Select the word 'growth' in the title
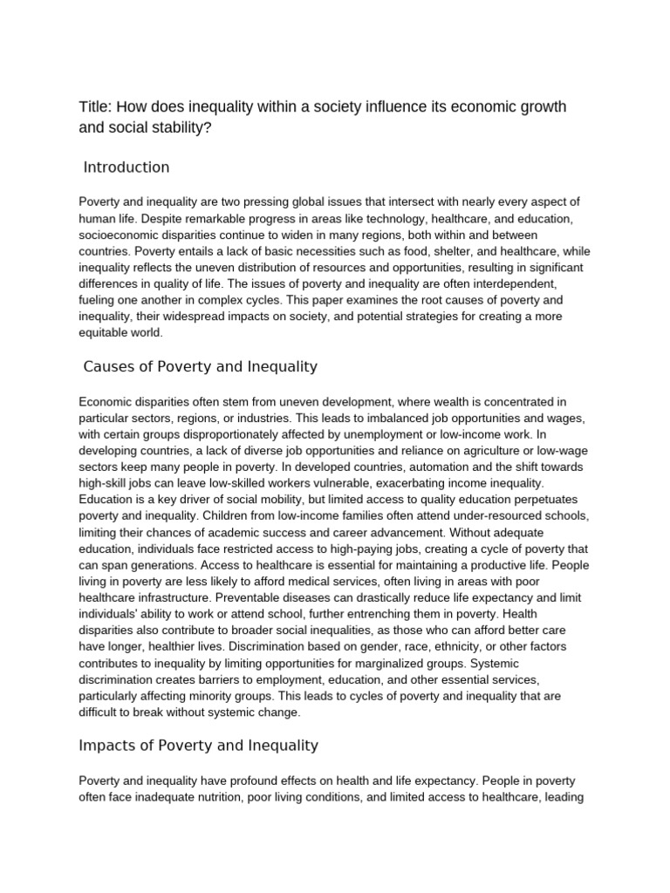click(537, 106)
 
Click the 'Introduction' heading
click(126, 167)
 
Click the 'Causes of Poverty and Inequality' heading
click(200, 366)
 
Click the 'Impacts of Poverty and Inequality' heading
click(199, 746)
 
